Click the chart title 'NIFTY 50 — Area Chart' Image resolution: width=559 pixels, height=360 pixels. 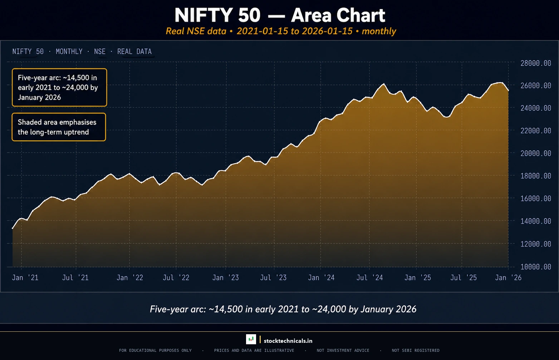coord(280,15)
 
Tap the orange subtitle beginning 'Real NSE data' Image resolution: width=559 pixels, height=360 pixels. coord(281,31)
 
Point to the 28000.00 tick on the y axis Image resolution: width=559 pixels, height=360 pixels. coord(535,63)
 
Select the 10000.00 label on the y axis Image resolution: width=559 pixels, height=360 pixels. coord(535,267)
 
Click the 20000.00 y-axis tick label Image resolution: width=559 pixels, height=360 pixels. coord(535,153)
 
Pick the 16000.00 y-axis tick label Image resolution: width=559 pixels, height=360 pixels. coord(535,198)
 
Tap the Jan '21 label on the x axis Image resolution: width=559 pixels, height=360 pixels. coord(25,278)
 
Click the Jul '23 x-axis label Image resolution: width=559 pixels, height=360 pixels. coord(273,278)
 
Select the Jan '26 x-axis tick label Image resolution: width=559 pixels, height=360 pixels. coord(508,278)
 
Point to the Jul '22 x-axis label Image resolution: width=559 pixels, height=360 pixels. coord(176,278)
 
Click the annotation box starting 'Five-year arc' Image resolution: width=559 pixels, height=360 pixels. coord(59,88)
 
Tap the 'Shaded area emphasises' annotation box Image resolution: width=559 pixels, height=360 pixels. coord(59,127)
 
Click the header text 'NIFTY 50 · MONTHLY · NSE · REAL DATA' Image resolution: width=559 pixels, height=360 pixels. coord(82,52)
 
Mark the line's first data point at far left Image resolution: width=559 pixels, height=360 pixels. coord(13,228)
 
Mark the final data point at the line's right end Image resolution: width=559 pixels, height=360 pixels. coord(508,91)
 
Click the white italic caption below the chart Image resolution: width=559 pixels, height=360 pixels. coord(283,309)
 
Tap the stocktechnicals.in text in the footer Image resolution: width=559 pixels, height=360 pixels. coord(288,341)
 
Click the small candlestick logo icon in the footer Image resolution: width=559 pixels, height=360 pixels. coord(251,339)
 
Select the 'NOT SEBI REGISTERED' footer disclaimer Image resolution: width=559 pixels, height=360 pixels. coord(415,351)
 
